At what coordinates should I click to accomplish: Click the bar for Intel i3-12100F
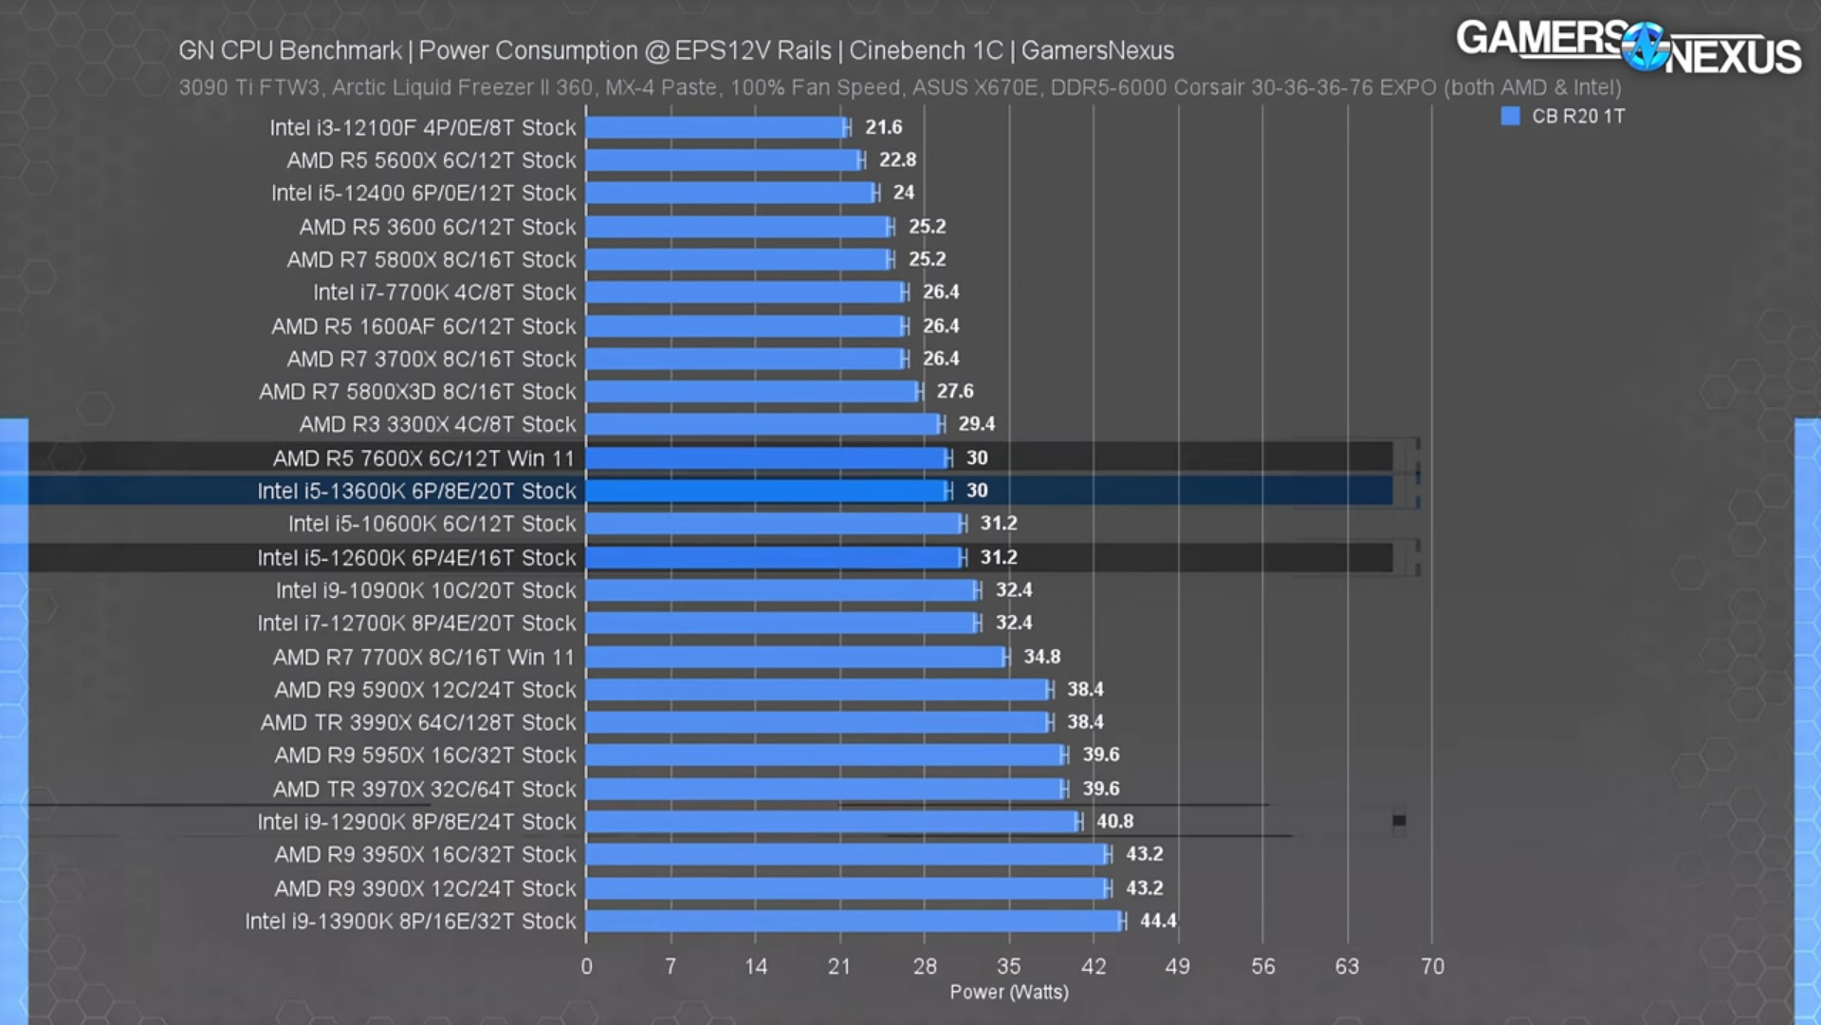tap(714, 127)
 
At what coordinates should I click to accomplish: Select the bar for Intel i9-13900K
tap(854, 921)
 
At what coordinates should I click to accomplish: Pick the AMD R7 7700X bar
tap(795, 657)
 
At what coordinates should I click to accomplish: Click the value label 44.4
tap(1158, 921)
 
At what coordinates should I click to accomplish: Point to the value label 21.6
tap(883, 127)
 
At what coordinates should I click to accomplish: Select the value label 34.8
tap(1041, 657)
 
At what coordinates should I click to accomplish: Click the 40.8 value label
tap(1114, 821)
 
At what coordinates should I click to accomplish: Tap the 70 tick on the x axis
tap(1432, 966)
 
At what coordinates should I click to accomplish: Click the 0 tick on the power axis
tap(586, 966)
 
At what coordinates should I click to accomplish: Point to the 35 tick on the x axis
tap(1008, 966)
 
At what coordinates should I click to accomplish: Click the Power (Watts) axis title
tap(1008, 992)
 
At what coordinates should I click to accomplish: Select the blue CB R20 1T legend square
tap(1511, 116)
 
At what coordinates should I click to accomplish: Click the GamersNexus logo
tap(1628, 47)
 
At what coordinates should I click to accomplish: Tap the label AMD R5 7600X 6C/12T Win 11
tap(423, 458)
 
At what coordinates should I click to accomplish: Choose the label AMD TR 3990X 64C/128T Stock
tap(418, 722)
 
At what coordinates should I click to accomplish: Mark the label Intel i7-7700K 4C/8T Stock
tap(444, 292)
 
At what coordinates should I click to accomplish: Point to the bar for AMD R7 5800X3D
tap(752, 391)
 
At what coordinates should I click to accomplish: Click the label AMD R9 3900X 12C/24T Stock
tap(425, 888)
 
